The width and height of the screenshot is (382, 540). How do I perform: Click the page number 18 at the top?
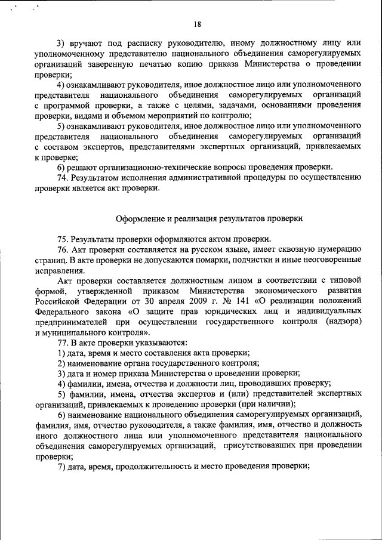click(x=198, y=24)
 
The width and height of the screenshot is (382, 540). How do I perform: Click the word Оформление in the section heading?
click(x=139, y=218)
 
